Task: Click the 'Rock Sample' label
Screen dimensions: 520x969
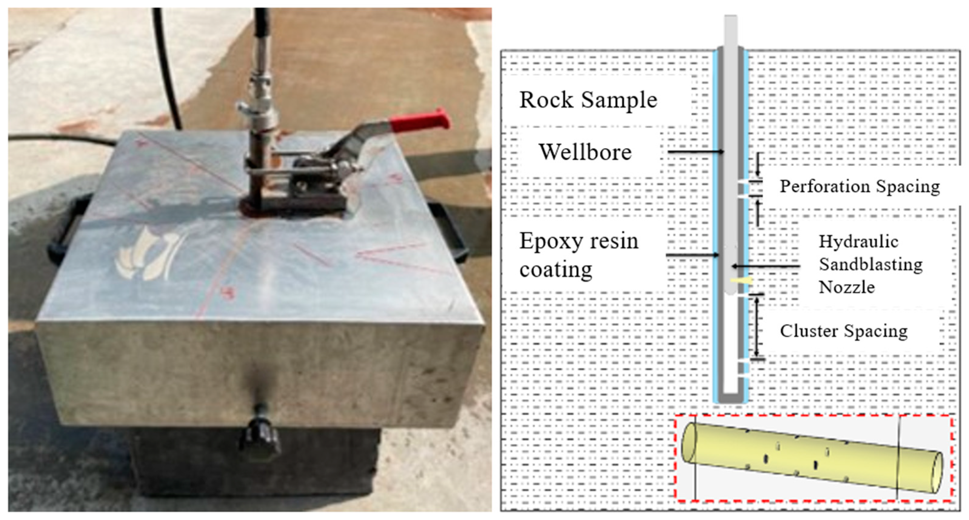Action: tap(588, 100)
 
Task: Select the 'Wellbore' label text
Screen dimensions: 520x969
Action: tap(585, 152)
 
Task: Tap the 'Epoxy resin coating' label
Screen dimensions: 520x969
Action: tap(578, 255)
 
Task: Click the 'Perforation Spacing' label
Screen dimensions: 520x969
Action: tap(860, 186)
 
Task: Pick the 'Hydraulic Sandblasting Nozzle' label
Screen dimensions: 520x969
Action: tap(870, 264)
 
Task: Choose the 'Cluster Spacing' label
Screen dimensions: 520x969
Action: tap(843, 331)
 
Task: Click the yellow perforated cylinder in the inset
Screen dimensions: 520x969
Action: tap(809, 457)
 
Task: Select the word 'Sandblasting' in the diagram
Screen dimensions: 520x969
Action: tap(870, 264)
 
